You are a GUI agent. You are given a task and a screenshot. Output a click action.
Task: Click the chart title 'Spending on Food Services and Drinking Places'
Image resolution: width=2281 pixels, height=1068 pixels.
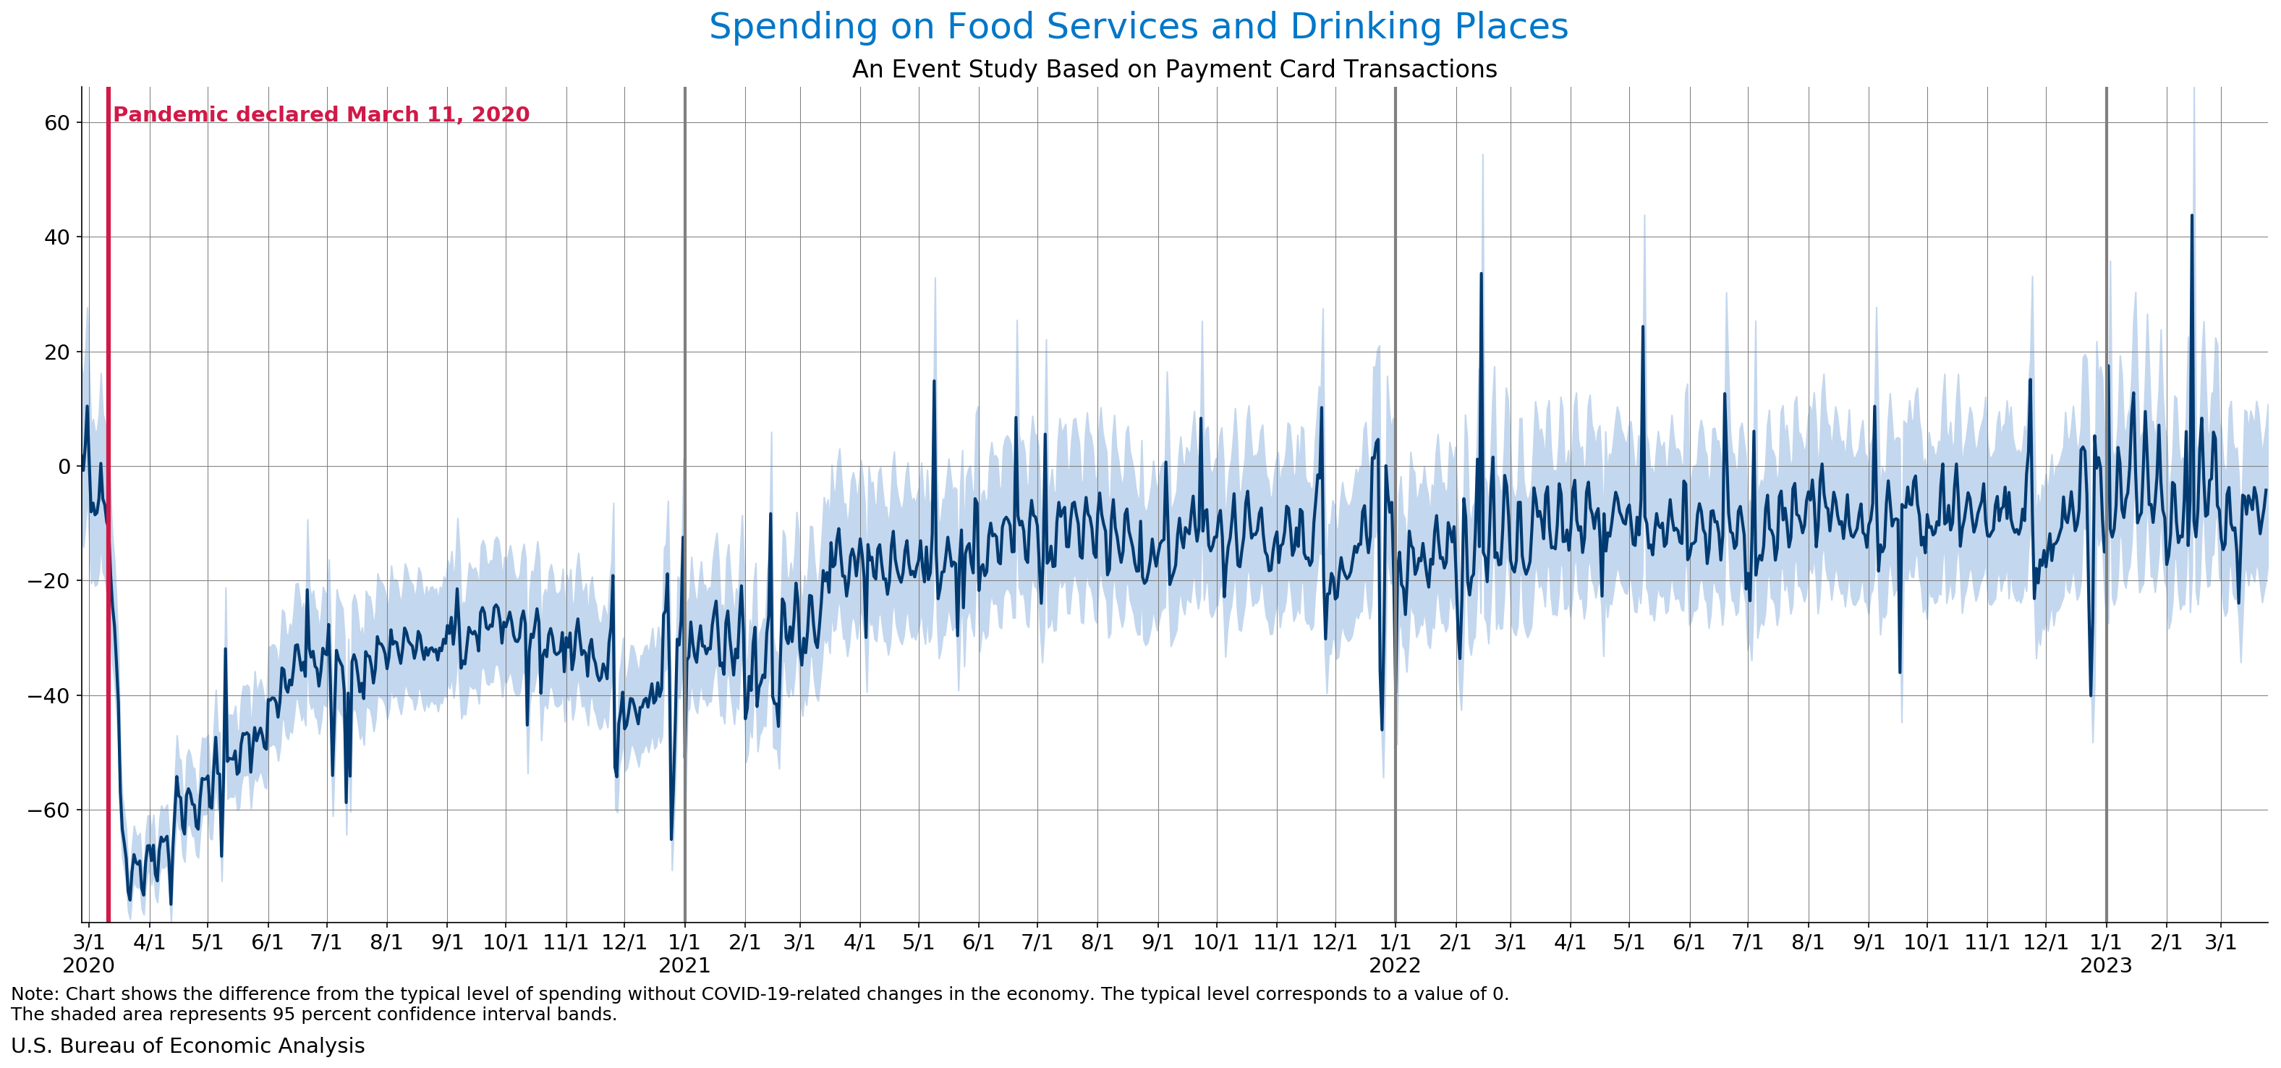click(x=1138, y=27)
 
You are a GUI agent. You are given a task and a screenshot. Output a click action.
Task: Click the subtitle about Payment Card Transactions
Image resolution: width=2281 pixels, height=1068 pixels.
click(x=1174, y=69)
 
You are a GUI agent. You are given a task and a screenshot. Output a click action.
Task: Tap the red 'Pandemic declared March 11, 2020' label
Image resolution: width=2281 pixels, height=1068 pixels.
click(x=321, y=114)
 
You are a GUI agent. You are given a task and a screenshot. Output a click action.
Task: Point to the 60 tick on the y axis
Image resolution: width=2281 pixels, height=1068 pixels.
click(x=56, y=123)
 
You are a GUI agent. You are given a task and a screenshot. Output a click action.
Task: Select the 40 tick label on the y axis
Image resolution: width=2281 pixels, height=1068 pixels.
click(x=56, y=237)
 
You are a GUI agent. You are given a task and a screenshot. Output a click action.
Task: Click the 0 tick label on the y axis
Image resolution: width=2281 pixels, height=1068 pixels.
click(x=64, y=467)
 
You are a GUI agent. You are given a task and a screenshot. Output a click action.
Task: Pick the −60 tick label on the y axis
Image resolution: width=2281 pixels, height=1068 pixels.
click(x=48, y=810)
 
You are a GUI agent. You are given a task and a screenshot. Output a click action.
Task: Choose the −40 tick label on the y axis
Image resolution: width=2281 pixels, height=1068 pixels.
click(x=48, y=696)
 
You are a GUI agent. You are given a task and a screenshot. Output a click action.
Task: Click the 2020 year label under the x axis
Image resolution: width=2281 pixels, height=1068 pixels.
click(x=88, y=965)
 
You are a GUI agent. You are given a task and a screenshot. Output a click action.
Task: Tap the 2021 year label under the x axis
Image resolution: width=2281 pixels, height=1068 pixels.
click(x=684, y=965)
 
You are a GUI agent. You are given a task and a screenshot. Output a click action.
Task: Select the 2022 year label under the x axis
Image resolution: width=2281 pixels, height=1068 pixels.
click(x=1395, y=965)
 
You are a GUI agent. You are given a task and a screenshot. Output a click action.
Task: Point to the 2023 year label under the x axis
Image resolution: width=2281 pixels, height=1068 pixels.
click(x=2106, y=965)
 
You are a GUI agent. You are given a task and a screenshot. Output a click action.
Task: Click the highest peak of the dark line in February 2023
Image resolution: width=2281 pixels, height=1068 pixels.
click(x=2191, y=215)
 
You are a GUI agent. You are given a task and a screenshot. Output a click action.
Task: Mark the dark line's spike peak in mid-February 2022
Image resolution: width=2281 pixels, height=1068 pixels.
click(x=1481, y=274)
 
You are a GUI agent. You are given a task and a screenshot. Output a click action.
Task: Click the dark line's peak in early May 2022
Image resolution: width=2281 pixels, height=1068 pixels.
click(x=1643, y=327)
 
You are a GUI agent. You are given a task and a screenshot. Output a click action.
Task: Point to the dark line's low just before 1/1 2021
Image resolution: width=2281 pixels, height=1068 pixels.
click(x=671, y=838)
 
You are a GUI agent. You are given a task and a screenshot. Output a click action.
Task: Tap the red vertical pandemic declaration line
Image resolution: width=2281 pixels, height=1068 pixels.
click(x=108, y=531)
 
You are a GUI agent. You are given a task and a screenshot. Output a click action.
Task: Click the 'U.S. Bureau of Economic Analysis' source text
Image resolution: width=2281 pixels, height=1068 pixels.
click(x=187, y=1046)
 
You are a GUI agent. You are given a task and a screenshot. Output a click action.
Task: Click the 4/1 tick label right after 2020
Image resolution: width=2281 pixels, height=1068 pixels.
click(x=149, y=942)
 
